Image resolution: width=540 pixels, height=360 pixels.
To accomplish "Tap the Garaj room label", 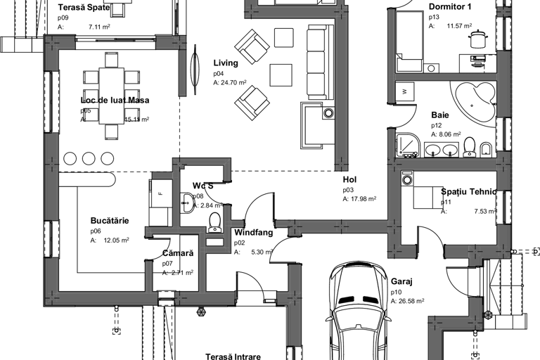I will tap(401, 281).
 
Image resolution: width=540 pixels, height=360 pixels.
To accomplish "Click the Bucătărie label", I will tap(110, 220).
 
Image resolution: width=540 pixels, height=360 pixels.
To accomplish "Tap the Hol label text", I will tap(349, 180).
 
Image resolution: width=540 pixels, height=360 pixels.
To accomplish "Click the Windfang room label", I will tap(253, 232).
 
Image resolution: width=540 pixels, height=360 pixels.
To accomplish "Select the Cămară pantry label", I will tap(178, 252).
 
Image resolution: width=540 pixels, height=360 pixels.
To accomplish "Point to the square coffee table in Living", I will tap(281, 74).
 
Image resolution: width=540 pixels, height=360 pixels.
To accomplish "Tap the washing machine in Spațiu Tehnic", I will tap(406, 180).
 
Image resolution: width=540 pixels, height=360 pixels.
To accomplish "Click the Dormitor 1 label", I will tap(450, 6).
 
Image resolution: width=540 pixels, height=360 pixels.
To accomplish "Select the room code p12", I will tap(435, 125).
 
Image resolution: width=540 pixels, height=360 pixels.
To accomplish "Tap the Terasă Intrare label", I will tap(233, 356).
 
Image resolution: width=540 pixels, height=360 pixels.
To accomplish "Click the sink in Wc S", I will tap(186, 205).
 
